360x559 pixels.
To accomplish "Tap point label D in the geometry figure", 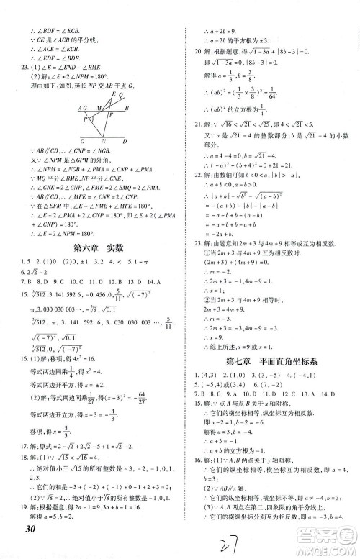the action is [125, 141].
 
